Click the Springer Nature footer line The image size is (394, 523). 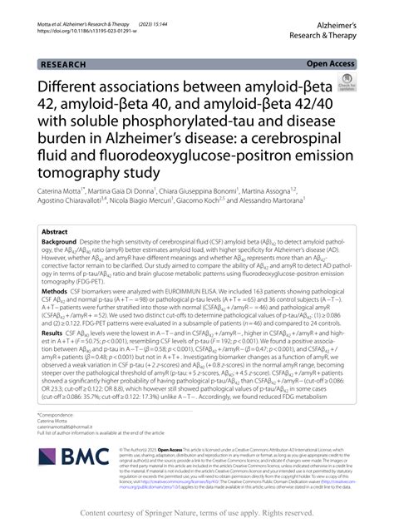[x=197, y=512]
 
